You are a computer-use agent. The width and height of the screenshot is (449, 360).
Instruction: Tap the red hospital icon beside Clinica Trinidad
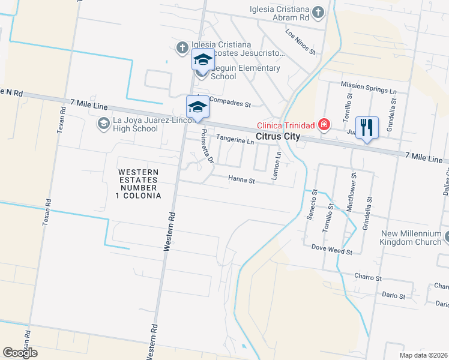coord(325,125)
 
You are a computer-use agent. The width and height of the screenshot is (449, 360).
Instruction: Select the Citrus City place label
coord(277,137)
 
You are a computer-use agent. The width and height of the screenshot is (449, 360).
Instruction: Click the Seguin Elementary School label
coord(246,72)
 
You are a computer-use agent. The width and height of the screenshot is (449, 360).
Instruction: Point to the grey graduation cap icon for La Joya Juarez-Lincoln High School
coord(103,124)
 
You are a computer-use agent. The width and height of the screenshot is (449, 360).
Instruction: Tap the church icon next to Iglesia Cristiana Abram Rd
coord(318,11)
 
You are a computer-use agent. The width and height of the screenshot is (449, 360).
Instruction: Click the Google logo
coord(20,353)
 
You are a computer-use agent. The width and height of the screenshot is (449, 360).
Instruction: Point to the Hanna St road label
coord(241,179)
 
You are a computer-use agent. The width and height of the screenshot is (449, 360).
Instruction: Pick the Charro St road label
coord(368,278)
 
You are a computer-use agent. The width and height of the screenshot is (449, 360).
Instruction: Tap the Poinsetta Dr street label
coord(207,147)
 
